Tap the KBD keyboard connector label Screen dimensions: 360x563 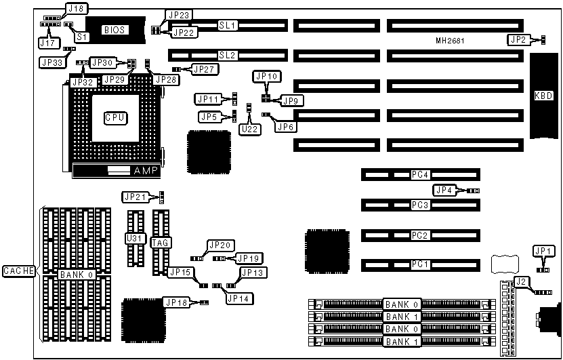[543, 95]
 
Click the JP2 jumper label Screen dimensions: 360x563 [518, 39]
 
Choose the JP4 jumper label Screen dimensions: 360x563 [444, 191]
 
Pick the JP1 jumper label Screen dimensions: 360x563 [543, 251]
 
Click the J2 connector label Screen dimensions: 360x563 [521, 281]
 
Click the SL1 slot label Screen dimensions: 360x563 [226, 25]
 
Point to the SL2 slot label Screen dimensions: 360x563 [226, 54]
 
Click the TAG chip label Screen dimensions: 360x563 [160, 241]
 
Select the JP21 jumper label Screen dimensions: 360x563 [133, 197]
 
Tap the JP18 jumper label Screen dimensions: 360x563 [175, 302]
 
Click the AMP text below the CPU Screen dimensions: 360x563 [144, 171]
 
